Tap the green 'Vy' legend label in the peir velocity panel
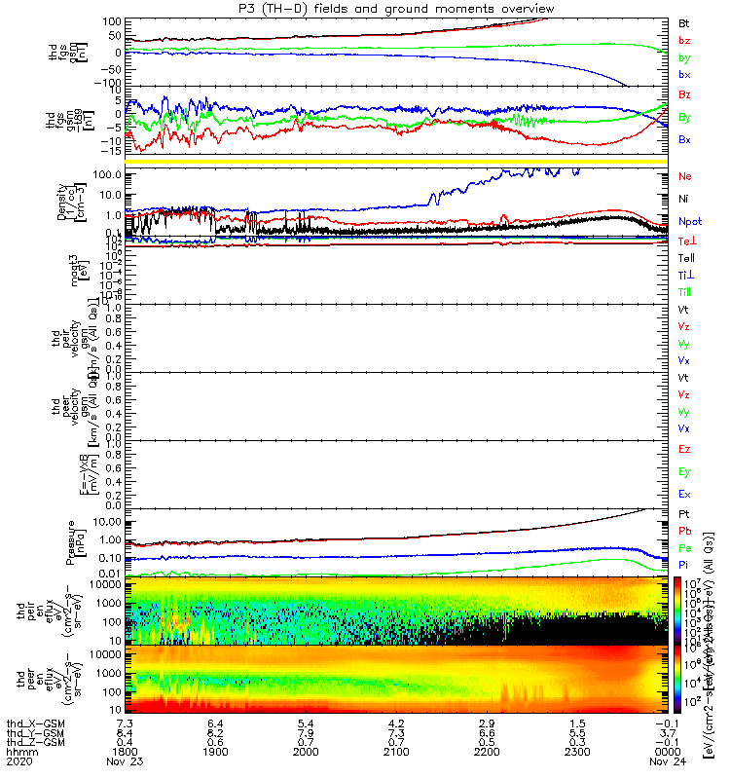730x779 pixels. click(685, 344)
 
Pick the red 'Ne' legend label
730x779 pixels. click(685, 176)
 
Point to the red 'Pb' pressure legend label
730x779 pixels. click(685, 531)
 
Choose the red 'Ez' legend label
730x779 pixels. click(685, 449)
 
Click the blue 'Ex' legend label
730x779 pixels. click(685, 495)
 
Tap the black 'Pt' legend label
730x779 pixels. click(685, 513)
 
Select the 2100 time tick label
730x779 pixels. click(396, 753)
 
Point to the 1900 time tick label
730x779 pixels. click(214, 753)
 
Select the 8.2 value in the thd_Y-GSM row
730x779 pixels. click(214, 731)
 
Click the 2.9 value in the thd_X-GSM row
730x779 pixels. click(488, 721)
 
